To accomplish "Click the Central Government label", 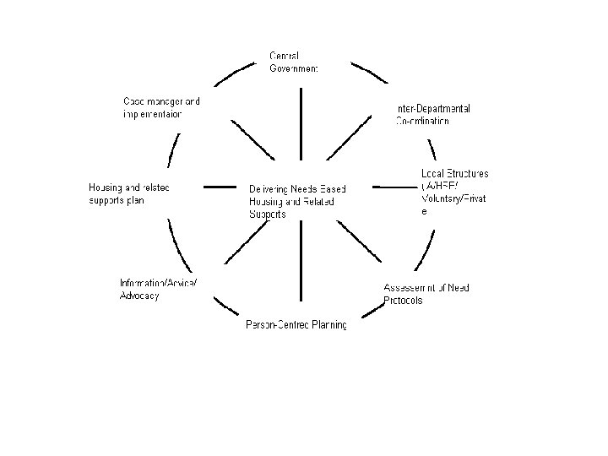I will tap(294, 62).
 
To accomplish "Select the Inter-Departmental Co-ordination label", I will tap(432, 115).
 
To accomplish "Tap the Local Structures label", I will tap(454, 193).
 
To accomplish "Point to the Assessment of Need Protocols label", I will tap(426, 294).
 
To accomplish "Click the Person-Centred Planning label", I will tap(296, 325).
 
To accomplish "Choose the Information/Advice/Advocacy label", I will tap(158, 289).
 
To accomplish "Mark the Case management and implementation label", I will tap(161, 107).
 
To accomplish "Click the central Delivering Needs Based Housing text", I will tap(297, 201).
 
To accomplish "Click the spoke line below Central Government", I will tap(300, 123).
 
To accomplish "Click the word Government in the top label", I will tap(294, 68).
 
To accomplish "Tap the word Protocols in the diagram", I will tap(403, 301).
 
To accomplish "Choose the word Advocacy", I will tap(139, 296).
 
